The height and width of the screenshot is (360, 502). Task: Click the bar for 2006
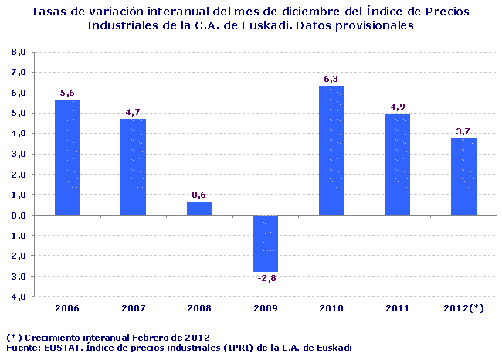[67, 158]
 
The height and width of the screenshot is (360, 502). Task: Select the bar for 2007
[134, 167]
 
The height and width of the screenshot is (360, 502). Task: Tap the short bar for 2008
[199, 209]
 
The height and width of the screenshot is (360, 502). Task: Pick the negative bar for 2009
[266, 243]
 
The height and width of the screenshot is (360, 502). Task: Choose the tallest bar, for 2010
[332, 151]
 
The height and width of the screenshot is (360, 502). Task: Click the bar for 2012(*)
[464, 177]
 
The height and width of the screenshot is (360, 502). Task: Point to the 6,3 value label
[332, 79]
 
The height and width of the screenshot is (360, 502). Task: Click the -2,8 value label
[266, 278]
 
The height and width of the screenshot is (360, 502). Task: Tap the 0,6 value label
[199, 195]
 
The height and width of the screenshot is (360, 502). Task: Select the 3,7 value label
[464, 132]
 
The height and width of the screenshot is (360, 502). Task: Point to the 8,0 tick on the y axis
[19, 52]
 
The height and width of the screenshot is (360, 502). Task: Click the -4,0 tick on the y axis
[18, 296]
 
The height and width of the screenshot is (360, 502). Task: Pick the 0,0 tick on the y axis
[19, 215]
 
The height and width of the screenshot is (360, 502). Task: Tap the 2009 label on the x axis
[266, 308]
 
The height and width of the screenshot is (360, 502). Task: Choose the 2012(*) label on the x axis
[464, 308]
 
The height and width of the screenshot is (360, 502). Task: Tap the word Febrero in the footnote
[151, 338]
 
